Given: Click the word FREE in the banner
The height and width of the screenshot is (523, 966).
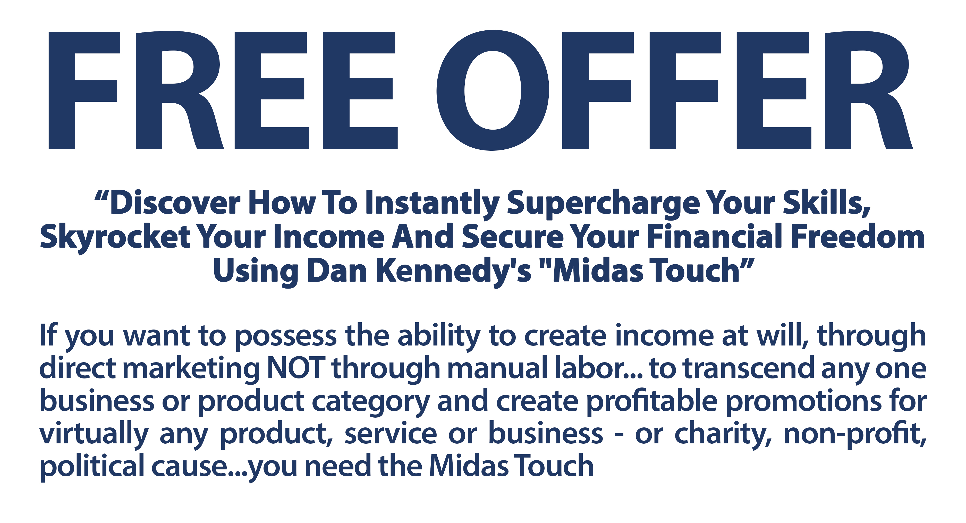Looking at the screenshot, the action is pyautogui.click(x=223, y=90).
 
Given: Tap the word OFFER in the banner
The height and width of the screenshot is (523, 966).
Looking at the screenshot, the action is pyautogui.click(x=674, y=90).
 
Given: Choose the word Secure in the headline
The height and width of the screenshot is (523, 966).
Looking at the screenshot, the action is pyautogui.click(x=513, y=237).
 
